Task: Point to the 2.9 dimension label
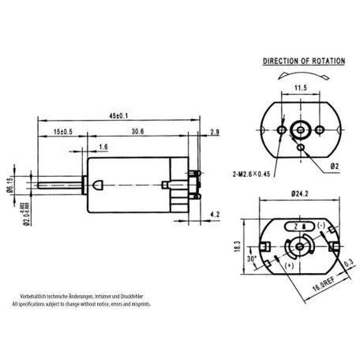(216, 132)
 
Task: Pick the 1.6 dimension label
(105, 147)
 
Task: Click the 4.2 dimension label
(216, 213)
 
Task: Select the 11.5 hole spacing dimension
(300, 88)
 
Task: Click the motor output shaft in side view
(59, 185)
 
